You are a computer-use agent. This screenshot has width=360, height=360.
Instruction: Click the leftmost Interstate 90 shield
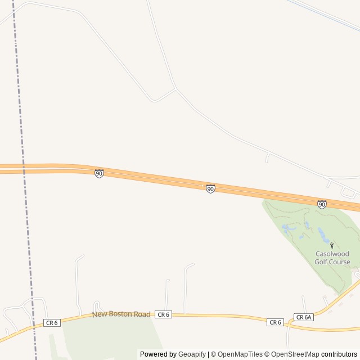pyautogui.click(x=99, y=174)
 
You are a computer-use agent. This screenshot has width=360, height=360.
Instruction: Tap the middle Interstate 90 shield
pyautogui.click(x=210, y=189)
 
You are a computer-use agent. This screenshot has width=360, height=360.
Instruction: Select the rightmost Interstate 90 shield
pyautogui.click(x=322, y=204)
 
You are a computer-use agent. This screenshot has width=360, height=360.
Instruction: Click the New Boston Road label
pyautogui.click(x=121, y=314)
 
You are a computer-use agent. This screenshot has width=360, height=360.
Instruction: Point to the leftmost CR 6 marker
pyautogui.click(x=52, y=322)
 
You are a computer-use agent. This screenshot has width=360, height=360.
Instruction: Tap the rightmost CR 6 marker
pyautogui.click(x=274, y=322)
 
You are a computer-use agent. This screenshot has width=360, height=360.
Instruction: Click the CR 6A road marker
pyautogui.click(x=303, y=317)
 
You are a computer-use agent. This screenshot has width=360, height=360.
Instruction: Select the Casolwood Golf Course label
pyautogui.click(x=332, y=258)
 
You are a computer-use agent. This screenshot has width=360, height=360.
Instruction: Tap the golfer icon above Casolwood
pyautogui.click(x=332, y=245)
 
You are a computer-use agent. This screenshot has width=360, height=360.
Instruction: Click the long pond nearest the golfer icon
pyautogui.click(x=322, y=233)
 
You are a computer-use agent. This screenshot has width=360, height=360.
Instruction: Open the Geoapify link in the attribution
pyautogui.click(x=192, y=354)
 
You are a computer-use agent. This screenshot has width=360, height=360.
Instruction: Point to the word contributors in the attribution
pyautogui.click(x=340, y=354)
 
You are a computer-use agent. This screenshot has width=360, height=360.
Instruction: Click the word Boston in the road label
pyautogui.click(x=121, y=314)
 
